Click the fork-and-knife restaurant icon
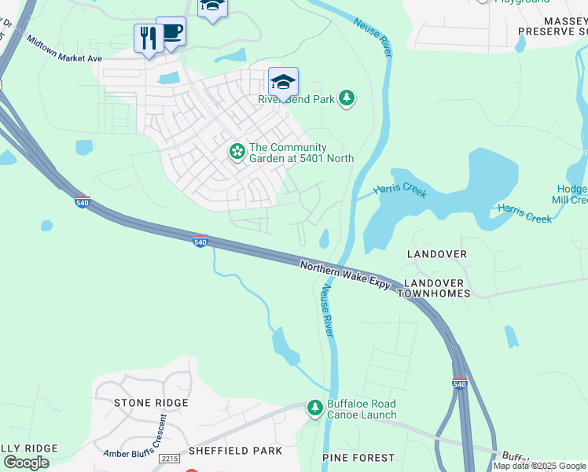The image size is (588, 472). point(149,38)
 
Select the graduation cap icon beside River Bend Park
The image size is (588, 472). point(283,81)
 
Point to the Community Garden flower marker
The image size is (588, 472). point(237,152)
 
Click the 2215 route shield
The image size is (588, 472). point(169,459)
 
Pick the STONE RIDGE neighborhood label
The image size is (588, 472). point(151,403)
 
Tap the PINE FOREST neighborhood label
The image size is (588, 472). point(358,457)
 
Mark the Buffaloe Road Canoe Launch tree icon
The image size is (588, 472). point(315,407)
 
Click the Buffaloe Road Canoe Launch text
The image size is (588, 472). point(362,410)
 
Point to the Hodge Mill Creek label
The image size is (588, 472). point(572,194)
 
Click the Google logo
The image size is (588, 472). point(26,462)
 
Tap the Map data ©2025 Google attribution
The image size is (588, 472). point(540,466)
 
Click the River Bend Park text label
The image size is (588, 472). point(297,99)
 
